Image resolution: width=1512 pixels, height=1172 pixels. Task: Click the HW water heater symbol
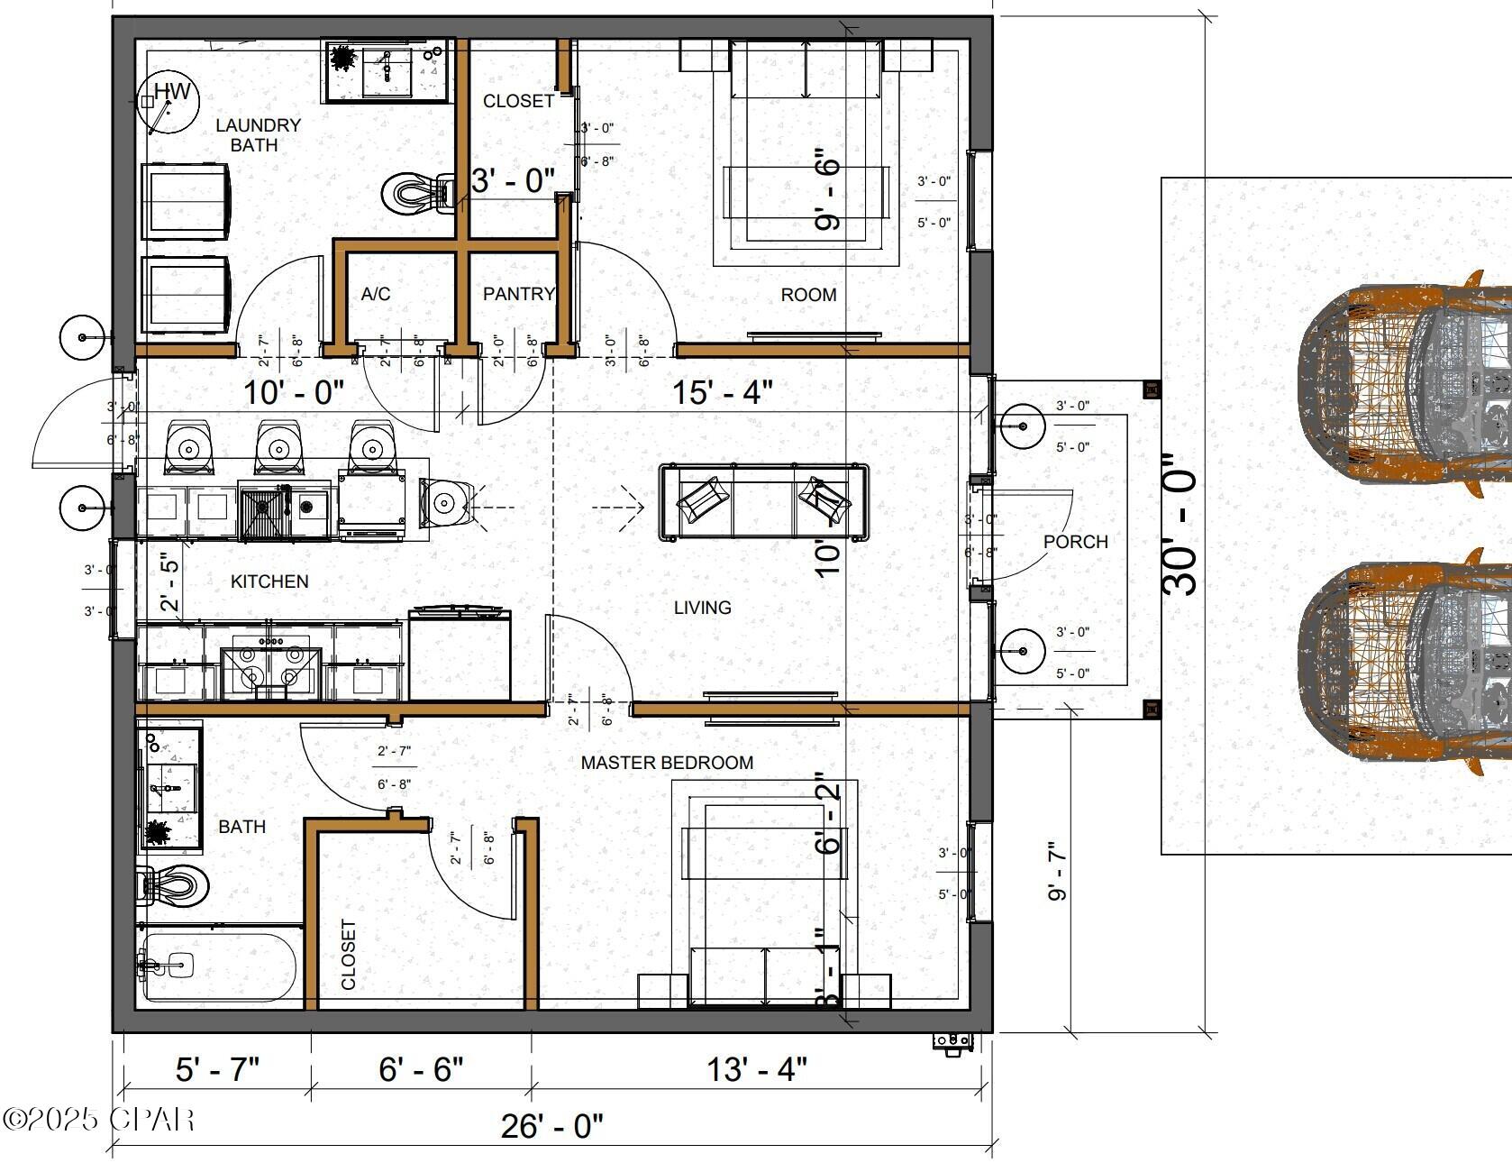(x=168, y=102)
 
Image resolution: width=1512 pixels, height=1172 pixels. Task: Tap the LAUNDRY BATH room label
(x=257, y=134)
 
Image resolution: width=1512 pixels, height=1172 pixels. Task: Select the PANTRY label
(x=518, y=294)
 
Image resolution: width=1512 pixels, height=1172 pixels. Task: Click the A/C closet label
(x=375, y=294)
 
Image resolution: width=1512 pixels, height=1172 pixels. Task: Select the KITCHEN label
(x=269, y=581)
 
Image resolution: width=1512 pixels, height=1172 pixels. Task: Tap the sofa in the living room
(x=764, y=503)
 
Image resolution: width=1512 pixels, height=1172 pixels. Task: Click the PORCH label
(x=1075, y=542)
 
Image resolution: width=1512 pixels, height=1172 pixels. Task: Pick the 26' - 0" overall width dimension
(x=551, y=1125)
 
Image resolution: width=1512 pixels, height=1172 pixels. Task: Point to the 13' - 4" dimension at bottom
(x=756, y=1069)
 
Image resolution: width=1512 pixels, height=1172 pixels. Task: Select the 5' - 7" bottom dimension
(x=217, y=1069)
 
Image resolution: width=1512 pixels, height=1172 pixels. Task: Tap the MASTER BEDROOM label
(x=666, y=763)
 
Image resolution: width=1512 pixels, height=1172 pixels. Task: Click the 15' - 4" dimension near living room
(x=722, y=392)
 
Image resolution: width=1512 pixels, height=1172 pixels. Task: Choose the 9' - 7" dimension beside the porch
(x=1056, y=870)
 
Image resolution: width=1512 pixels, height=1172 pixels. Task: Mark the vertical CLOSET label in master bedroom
(x=349, y=954)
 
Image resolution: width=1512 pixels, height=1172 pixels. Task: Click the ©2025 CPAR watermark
(x=98, y=1119)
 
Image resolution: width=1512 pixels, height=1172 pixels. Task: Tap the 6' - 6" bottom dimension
(x=421, y=1069)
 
